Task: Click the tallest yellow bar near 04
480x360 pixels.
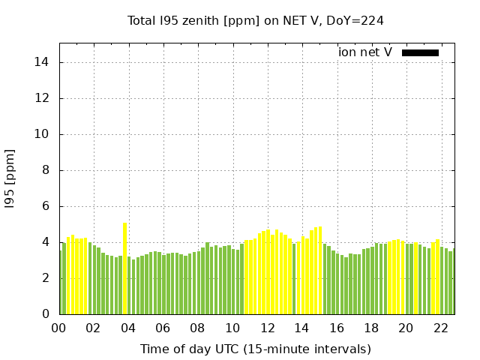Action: pyautogui.click(x=125, y=268)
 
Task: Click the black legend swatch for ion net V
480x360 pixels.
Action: pyautogui.click(x=420, y=53)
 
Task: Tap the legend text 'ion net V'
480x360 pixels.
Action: pyautogui.click(x=365, y=52)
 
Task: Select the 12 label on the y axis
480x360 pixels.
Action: pyautogui.click(x=41, y=98)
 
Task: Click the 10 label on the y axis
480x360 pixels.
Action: pyautogui.click(x=41, y=134)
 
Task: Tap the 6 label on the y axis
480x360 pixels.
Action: pyautogui.click(x=46, y=206)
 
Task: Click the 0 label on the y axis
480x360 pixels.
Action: pyautogui.click(x=46, y=314)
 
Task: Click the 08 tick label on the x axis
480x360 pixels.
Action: pyautogui.click(x=197, y=328)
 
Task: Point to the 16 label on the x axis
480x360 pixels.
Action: pyautogui.click(x=337, y=328)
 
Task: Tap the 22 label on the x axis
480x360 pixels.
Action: pyautogui.click(x=441, y=328)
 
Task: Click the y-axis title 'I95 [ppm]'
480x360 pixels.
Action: pyautogui.click(x=10, y=179)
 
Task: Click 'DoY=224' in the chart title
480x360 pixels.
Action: pyautogui.click(x=355, y=21)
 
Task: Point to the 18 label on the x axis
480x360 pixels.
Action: pyautogui.click(x=371, y=328)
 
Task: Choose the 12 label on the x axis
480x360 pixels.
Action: pyautogui.click(x=267, y=328)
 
